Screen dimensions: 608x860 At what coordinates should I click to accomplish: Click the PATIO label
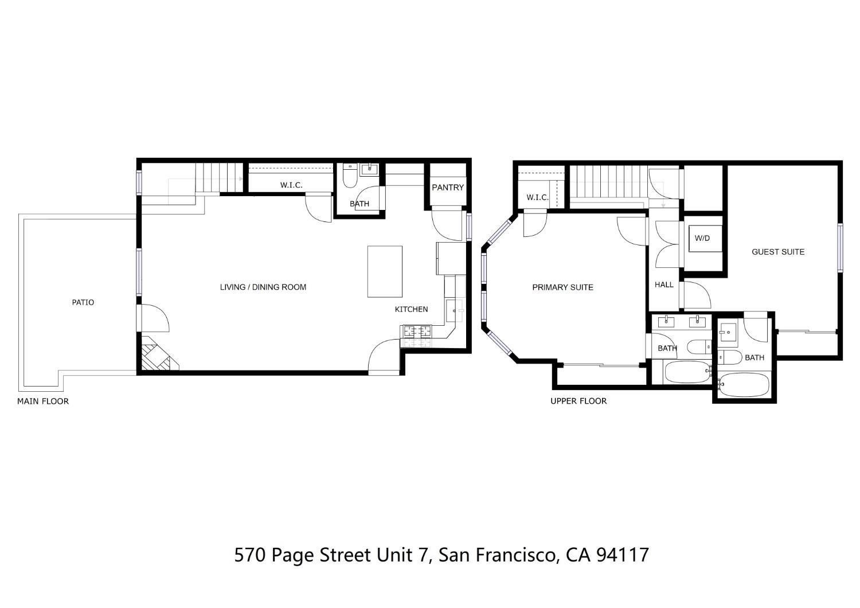click(x=83, y=302)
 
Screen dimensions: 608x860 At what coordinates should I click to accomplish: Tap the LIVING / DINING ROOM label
click(x=263, y=287)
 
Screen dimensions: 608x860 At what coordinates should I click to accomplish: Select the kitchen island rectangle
click(x=385, y=271)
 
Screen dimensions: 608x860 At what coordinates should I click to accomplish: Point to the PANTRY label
click(x=448, y=188)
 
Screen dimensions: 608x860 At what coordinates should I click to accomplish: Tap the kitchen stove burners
click(x=417, y=331)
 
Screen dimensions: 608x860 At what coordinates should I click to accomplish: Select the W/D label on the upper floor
click(x=702, y=238)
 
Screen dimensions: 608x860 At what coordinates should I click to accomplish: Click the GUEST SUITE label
click(x=778, y=252)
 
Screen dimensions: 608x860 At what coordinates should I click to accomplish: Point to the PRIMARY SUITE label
click(x=562, y=287)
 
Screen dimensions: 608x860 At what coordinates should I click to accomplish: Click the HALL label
click(x=664, y=284)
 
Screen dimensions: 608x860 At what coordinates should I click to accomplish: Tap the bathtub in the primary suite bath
click(x=686, y=373)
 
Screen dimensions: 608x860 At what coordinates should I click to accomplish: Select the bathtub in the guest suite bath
click(x=744, y=385)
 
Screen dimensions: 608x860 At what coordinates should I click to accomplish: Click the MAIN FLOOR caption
click(x=43, y=402)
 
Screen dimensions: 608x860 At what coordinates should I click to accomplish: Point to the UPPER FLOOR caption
click(x=578, y=402)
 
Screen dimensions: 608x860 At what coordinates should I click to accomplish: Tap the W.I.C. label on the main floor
click(x=291, y=185)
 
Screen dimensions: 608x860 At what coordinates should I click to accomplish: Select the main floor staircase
click(x=218, y=178)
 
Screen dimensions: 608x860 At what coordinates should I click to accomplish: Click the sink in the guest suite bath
click(x=728, y=331)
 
